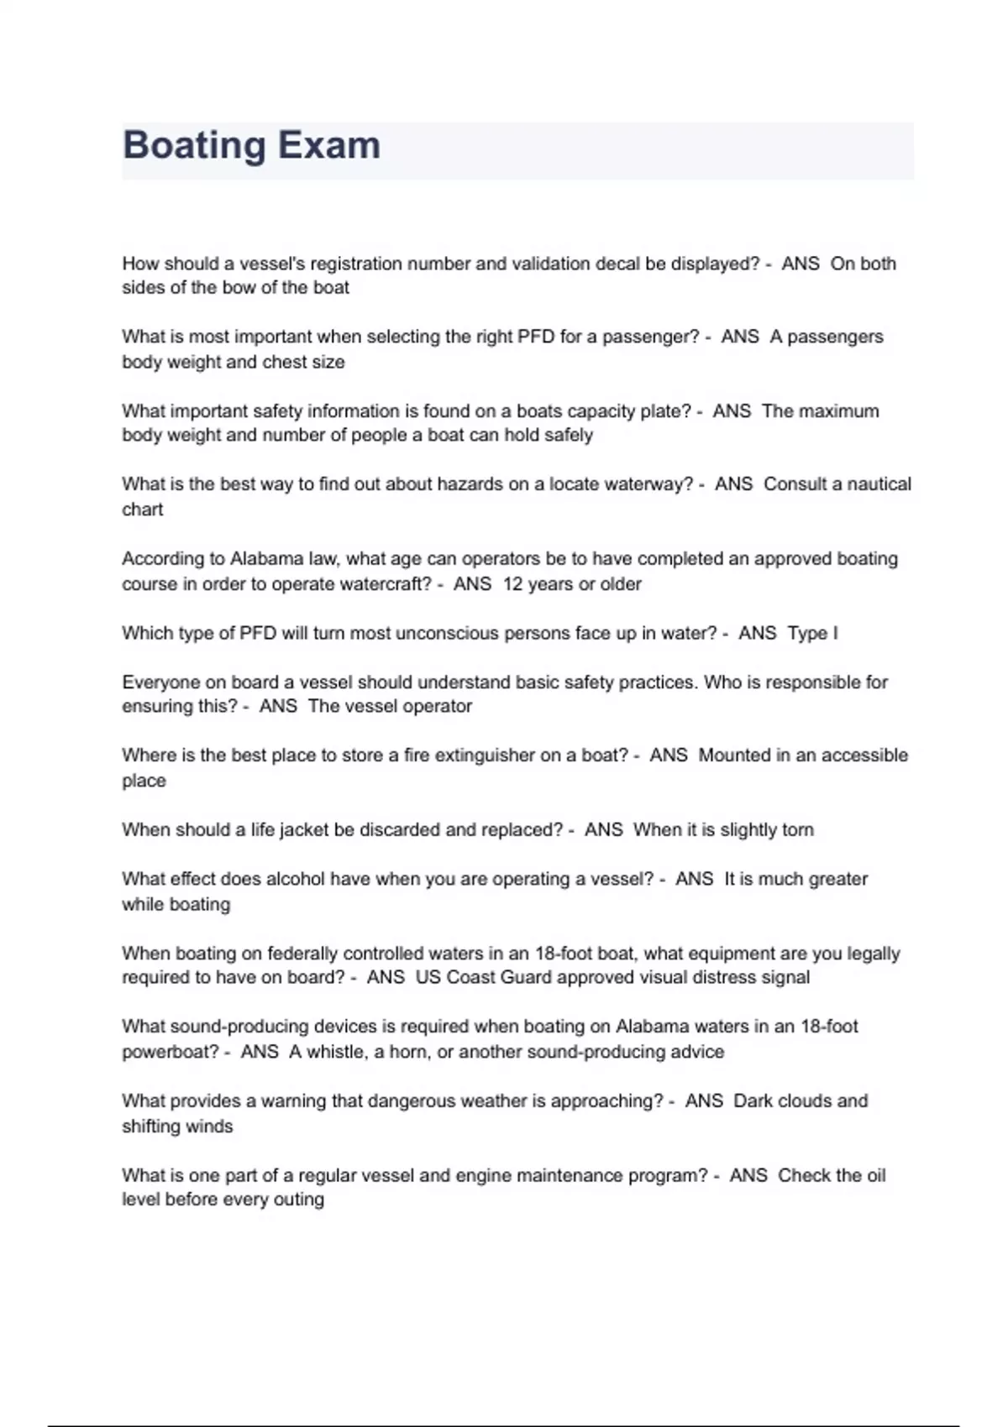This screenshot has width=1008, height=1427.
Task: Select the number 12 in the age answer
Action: tap(512, 584)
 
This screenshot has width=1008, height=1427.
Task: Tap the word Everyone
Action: tap(160, 682)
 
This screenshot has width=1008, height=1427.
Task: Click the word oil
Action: tap(876, 1175)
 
